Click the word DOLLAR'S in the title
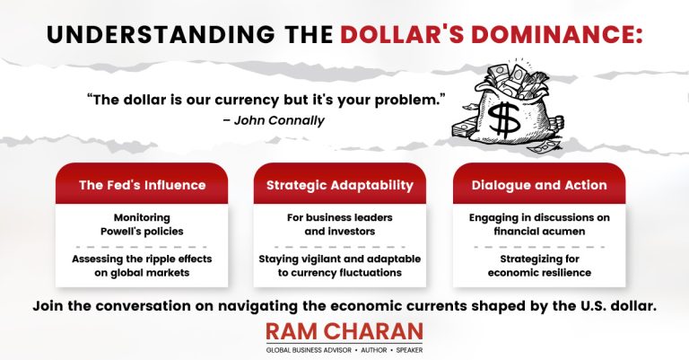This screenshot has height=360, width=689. [x=402, y=35]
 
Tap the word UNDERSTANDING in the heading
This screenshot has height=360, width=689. [x=161, y=35]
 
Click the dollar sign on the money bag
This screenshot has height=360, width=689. [x=504, y=119]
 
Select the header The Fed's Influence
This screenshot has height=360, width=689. [x=143, y=185]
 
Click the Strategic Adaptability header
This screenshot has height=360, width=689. [x=340, y=185]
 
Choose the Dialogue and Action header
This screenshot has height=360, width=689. [x=539, y=185]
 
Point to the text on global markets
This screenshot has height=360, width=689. [x=142, y=273]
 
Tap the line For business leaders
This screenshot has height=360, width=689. [x=340, y=217]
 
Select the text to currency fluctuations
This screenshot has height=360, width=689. [x=340, y=273]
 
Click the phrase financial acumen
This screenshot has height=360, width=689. [x=539, y=232]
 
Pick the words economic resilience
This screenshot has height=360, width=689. [x=539, y=273]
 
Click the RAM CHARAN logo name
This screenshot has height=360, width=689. [x=344, y=332]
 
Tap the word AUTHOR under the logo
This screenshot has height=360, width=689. [x=374, y=350]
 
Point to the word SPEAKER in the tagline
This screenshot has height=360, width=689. [x=409, y=350]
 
